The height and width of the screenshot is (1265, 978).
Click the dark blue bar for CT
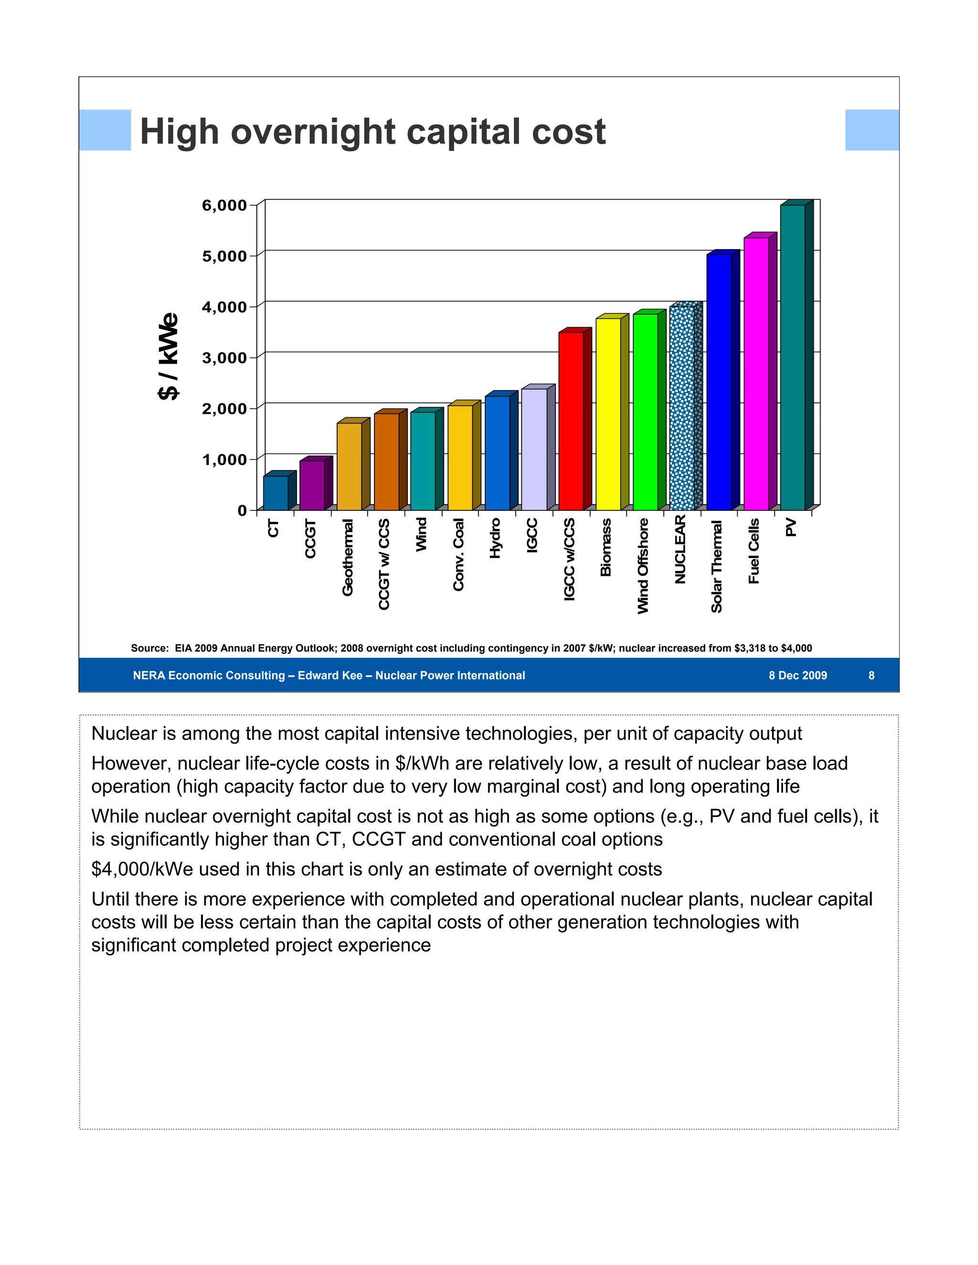click(x=276, y=493)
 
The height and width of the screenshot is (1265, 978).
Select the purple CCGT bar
click(x=312, y=485)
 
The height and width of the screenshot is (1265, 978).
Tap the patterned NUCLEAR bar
click(x=682, y=408)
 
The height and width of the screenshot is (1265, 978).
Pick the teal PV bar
click(x=793, y=358)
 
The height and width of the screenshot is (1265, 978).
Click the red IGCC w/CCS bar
click(x=571, y=421)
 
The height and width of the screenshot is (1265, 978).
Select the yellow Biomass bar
click(x=608, y=414)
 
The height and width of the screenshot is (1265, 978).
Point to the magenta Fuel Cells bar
click(x=756, y=374)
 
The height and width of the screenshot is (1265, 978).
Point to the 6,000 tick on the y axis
click(x=224, y=206)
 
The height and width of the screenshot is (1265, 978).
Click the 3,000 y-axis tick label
click(x=224, y=358)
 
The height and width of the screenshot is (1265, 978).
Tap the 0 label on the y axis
click(x=242, y=511)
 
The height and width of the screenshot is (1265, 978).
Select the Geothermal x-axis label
click(x=348, y=557)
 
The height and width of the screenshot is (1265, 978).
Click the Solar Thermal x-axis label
click(x=717, y=566)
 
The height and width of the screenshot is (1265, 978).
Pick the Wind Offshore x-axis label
click(x=643, y=566)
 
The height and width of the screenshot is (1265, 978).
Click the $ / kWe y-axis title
click(x=169, y=356)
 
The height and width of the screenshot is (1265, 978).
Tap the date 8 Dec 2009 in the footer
click(x=798, y=675)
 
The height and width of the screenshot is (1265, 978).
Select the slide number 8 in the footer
click(x=871, y=675)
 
